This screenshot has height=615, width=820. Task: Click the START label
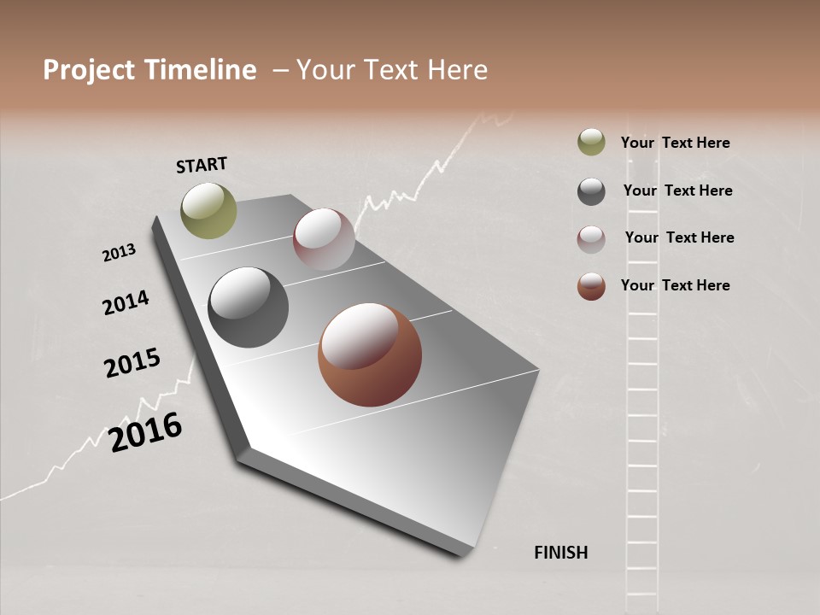click(x=202, y=165)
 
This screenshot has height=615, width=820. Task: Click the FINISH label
click(x=560, y=553)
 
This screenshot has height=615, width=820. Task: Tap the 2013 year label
click(x=119, y=253)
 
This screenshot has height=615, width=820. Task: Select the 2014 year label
click(x=126, y=302)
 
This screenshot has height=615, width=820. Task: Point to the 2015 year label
click(x=132, y=363)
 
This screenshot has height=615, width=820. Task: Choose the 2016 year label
click(x=145, y=432)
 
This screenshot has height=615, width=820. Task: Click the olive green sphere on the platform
click(x=208, y=210)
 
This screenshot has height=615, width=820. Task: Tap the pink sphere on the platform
click(x=324, y=239)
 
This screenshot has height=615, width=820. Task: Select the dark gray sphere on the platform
click(x=248, y=307)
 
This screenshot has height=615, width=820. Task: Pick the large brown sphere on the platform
click(x=370, y=354)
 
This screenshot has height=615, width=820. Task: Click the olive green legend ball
click(x=591, y=142)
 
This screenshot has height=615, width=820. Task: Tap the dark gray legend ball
click(x=591, y=191)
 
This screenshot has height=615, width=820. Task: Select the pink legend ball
click(x=591, y=239)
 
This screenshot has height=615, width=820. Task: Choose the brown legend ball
click(x=591, y=287)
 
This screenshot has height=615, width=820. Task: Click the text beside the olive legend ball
click(x=675, y=143)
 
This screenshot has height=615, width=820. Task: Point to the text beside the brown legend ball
click(x=675, y=285)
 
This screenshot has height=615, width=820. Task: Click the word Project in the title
click(x=89, y=70)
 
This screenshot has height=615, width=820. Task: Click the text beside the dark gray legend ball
click(x=677, y=190)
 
